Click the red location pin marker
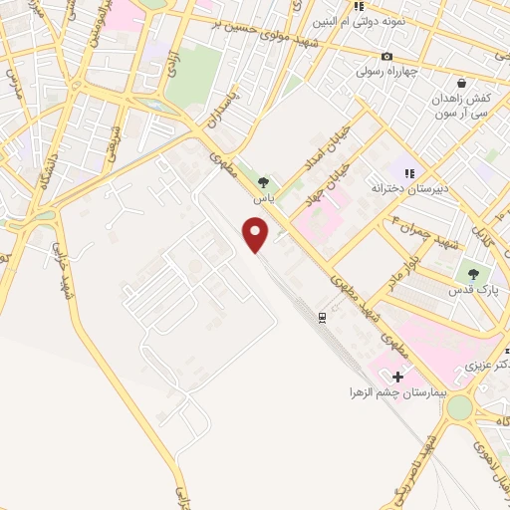[257, 235]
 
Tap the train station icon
[323, 317]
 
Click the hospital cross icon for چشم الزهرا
[398, 378]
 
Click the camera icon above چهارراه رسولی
[387, 56]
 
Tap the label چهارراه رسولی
[392, 72]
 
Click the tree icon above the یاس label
[262, 182]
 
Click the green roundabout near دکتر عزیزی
[459, 408]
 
